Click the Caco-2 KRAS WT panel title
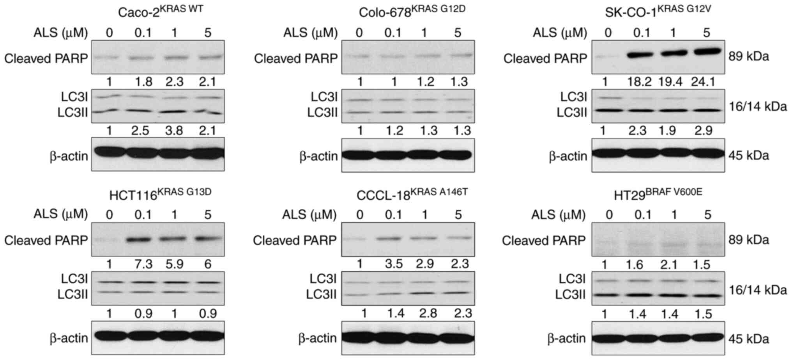pyautogui.click(x=160, y=11)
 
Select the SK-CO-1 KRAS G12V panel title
pyautogui.click(x=658, y=11)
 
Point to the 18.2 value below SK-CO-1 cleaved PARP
pyautogui.click(x=640, y=82)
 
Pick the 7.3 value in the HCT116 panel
pyautogui.click(x=143, y=265)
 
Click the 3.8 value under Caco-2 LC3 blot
pyautogui.click(x=174, y=131)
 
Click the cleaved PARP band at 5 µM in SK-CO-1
pyautogui.click(x=707, y=51)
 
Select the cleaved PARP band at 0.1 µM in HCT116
pyautogui.click(x=143, y=239)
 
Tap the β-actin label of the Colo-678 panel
pyautogui.click(x=318, y=156)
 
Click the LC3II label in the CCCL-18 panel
pyautogui.click(x=321, y=295)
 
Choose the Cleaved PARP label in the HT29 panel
pyautogui.click(x=543, y=241)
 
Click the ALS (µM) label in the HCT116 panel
pyautogui.click(x=60, y=214)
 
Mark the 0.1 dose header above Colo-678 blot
pyautogui.click(x=392, y=33)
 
